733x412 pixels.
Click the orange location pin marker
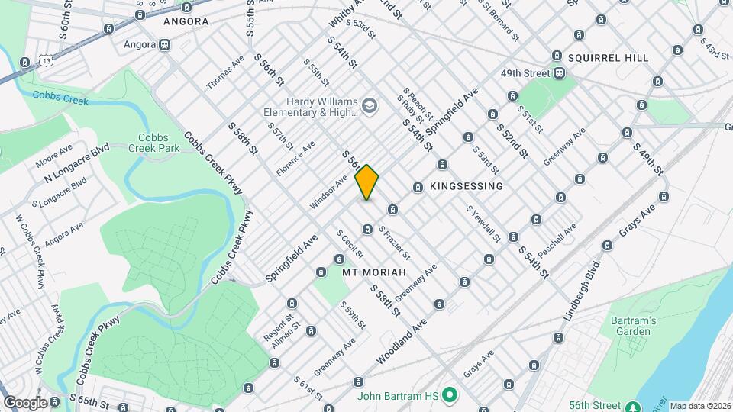(367, 182)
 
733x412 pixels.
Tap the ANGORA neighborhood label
(186, 21)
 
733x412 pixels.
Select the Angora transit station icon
(165, 44)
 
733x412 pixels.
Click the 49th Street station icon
(560, 73)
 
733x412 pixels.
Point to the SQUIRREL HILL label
(608, 58)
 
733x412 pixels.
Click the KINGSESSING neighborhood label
(467, 186)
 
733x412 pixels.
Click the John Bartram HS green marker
(450, 395)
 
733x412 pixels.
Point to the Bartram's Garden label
(634, 326)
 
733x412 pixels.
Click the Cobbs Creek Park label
(153, 143)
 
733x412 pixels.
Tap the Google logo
(25, 402)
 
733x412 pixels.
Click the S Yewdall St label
(484, 222)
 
